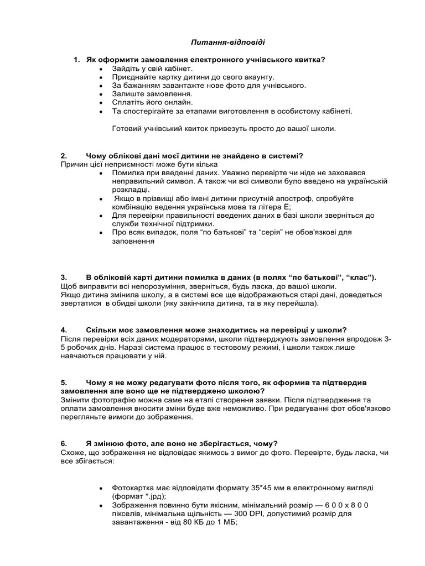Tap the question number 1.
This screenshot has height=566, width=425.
tap(76, 60)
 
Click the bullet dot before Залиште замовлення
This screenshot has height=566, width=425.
tap(100, 95)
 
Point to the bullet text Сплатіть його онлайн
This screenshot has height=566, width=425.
tap(152, 103)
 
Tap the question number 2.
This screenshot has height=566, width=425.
tap(64, 156)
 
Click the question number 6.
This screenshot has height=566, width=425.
tap(64, 443)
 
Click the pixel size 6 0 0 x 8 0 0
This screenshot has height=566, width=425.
tap(339, 505)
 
